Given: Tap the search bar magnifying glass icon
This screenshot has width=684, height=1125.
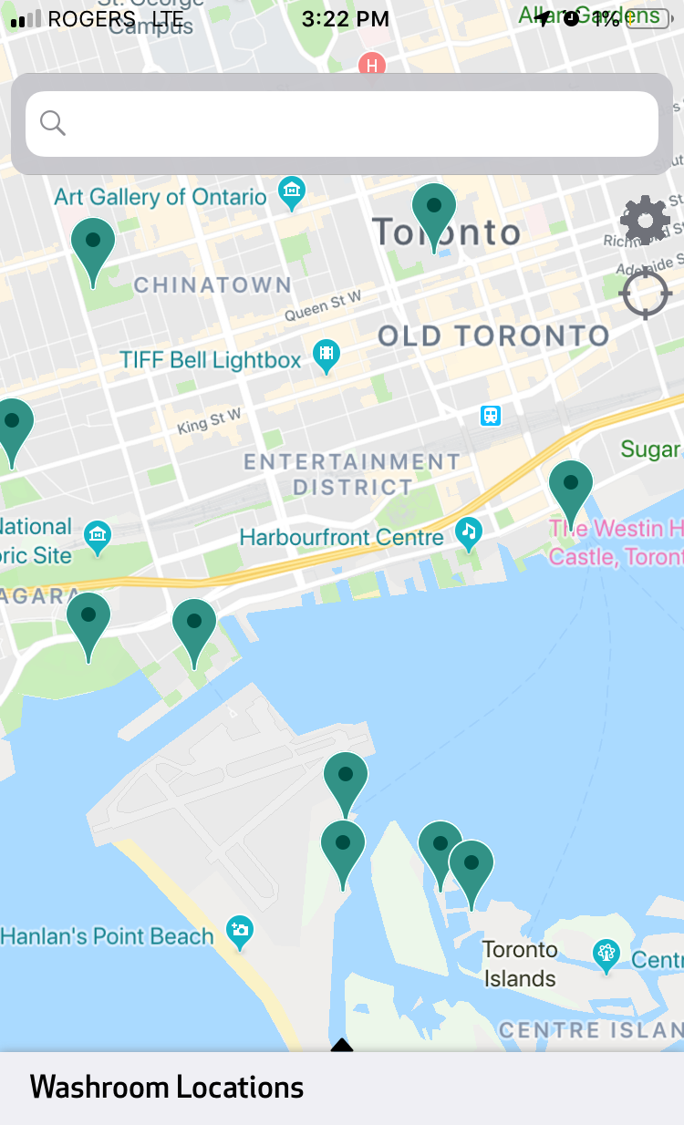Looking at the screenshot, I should (x=53, y=123).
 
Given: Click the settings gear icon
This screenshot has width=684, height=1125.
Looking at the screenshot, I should (x=645, y=220).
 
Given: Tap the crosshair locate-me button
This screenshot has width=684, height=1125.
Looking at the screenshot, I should (x=645, y=294).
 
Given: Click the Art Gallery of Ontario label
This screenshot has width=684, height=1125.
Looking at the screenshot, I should (x=161, y=196).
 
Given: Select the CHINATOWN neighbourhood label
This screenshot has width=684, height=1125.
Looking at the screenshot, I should (x=212, y=284).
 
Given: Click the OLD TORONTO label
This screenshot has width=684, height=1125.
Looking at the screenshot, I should (x=493, y=335).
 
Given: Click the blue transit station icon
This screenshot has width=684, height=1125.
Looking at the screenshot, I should (x=491, y=416).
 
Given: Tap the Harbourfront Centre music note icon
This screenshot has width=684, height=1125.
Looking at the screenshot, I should (x=469, y=532).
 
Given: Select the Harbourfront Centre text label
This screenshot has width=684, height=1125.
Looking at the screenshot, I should (x=341, y=537).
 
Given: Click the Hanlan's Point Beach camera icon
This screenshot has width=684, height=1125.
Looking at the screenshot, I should (x=240, y=931).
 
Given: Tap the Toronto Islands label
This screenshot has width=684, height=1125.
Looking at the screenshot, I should (x=519, y=964).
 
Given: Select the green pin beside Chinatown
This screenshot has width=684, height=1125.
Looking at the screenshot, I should (x=93, y=246).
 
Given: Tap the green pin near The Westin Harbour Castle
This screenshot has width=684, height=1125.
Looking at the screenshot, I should (x=571, y=489).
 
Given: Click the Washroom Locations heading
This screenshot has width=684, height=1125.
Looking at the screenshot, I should (x=166, y=1087).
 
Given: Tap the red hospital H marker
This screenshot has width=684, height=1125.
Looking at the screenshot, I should (x=371, y=65).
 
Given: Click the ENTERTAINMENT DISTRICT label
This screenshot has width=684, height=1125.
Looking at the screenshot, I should (x=352, y=474).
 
